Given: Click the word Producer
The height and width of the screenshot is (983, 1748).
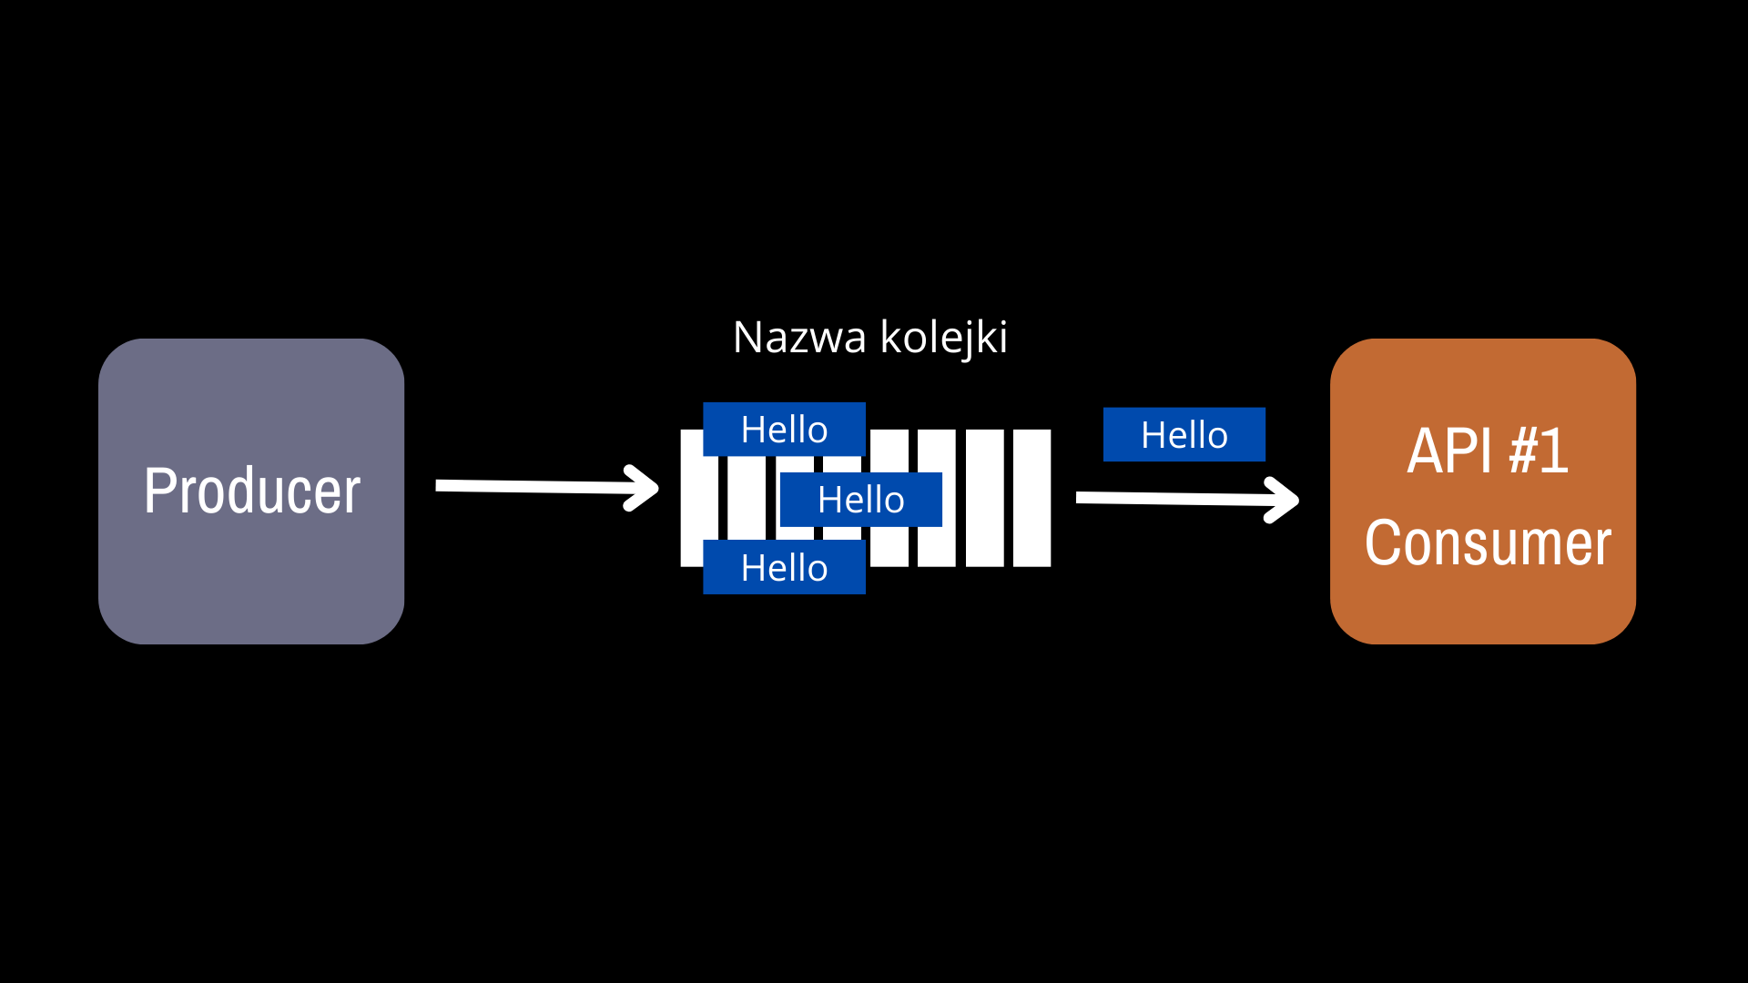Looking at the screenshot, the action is pyautogui.click(x=252, y=491).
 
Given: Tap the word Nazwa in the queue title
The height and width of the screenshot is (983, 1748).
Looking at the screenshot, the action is pyautogui.click(x=799, y=338).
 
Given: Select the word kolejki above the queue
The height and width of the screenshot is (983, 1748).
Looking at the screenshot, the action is pyautogui.click(x=944, y=339).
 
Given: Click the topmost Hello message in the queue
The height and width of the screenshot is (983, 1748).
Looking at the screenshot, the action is pyautogui.click(x=784, y=429).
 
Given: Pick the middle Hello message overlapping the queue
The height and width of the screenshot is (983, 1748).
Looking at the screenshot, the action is pyautogui.click(x=860, y=500).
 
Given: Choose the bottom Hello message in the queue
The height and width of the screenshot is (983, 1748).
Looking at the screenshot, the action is pyautogui.click(x=784, y=567).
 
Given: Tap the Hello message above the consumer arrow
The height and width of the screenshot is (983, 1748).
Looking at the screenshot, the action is pyautogui.click(x=1184, y=434).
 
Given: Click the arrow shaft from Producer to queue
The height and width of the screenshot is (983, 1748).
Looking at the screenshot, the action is pyautogui.click(x=537, y=487).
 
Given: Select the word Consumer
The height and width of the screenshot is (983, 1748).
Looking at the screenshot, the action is pyautogui.click(x=1488, y=542).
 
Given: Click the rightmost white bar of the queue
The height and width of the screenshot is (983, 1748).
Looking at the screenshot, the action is pyautogui.click(x=1032, y=498).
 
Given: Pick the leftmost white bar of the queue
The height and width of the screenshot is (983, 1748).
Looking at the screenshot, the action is pyautogui.click(x=693, y=498).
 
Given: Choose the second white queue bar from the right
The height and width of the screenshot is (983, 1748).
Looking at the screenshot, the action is pyautogui.click(x=984, y=498).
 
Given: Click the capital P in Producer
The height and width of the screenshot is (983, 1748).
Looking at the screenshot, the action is pyautogui.click(x=159, y=491).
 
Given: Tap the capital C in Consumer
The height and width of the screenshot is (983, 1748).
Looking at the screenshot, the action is pyautogui.click(x=1381, y=542).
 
